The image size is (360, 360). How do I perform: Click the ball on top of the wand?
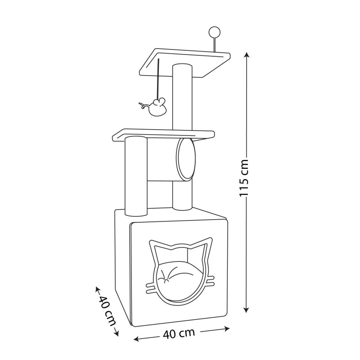click(x=214, y=31)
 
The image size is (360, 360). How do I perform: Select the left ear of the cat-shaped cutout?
click(x=157, y=248)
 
